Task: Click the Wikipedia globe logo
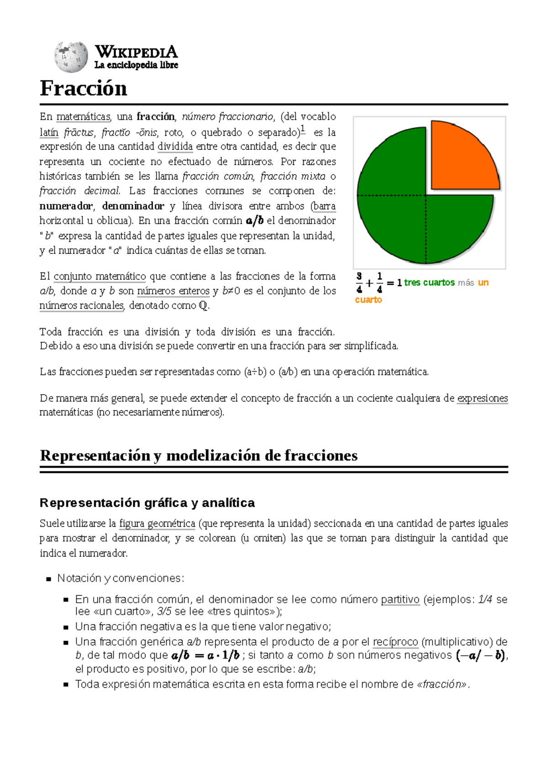point(71,57)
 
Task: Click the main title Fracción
point(83,88)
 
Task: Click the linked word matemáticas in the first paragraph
point(83,117)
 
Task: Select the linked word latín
point(49,133)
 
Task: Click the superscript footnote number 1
point(303,129)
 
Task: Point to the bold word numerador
point(66,206)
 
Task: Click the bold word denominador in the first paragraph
point(133,206)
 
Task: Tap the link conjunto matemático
point(100,276)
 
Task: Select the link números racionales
point(82,305)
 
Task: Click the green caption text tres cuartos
point(429,283)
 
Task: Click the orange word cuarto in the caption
point(368,300)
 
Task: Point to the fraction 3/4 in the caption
point(359,283)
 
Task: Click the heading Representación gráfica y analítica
point(147,503)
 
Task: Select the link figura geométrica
point(157,523)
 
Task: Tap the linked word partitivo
point(400,599)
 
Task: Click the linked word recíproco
point(395,642)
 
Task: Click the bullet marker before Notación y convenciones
point(48,579)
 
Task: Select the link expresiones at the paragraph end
point(483,398)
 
